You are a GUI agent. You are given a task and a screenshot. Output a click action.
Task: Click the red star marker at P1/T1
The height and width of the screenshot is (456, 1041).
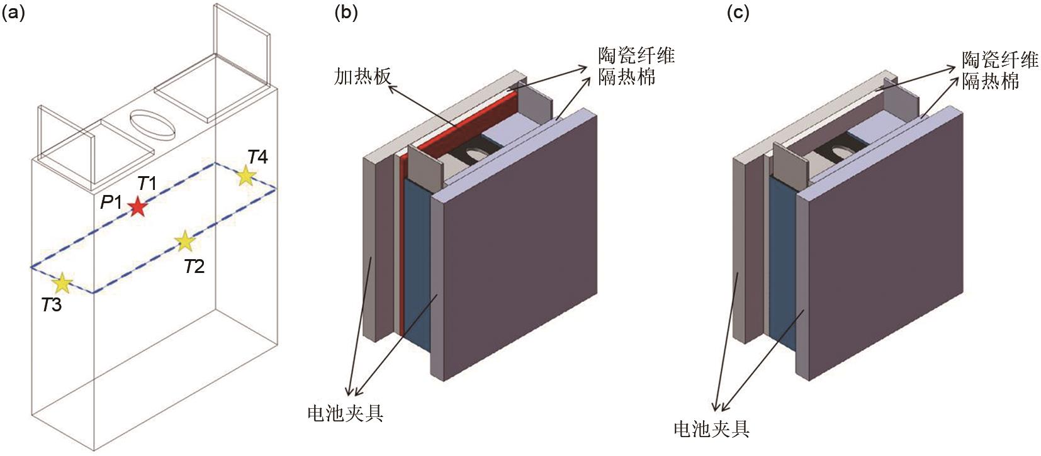click(137, 207)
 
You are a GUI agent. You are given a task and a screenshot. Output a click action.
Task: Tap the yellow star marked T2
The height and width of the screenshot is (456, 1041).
click(186, 241)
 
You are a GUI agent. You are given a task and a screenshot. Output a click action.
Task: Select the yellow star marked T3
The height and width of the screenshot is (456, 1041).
click(62, 283)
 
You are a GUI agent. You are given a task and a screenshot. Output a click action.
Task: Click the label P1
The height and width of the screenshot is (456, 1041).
click(111, 202)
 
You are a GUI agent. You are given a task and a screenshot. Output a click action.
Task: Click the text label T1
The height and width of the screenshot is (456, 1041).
click(147, 184)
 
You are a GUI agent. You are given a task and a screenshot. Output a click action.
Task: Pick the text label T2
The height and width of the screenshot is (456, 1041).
click(194, 267)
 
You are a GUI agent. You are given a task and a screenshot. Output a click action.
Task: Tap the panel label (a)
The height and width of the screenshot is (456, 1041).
click(13, 13)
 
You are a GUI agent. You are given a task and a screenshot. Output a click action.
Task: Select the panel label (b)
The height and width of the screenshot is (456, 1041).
click(346, 13)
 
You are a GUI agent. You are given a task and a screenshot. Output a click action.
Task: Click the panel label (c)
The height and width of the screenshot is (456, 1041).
click(738, 13)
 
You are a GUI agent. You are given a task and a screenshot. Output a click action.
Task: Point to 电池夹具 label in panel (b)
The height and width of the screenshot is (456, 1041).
click(346, 413)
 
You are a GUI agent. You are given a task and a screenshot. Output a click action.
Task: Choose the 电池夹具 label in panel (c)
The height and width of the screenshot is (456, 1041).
click(711, 428)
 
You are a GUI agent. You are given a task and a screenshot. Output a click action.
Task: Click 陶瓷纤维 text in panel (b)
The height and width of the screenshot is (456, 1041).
click(636, 56)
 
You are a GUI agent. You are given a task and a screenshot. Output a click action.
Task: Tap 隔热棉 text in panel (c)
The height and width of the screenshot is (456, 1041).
click(991, 81)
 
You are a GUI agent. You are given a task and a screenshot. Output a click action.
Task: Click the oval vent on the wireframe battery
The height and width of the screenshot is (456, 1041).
click(152, 125)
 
